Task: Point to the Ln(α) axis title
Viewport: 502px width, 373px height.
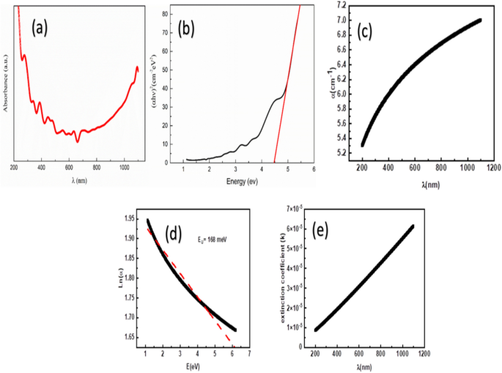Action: tap(119, 279)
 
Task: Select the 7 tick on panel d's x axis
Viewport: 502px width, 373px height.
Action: tap(249, 354)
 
